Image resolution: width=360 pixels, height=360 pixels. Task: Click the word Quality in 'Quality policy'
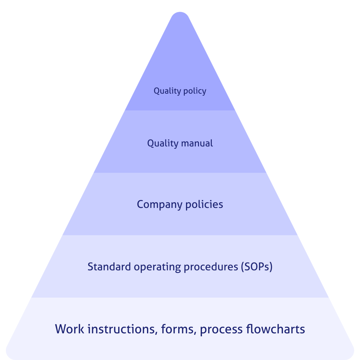pyautogui.click(x=166, y=91)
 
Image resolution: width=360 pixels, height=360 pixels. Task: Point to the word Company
pyautogui.click(x=159, y=205)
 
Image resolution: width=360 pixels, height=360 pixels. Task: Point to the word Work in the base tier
pyautogui.click(x=70, y=329)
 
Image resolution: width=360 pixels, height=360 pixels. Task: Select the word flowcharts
pyautogui.click(x=275, y=329)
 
